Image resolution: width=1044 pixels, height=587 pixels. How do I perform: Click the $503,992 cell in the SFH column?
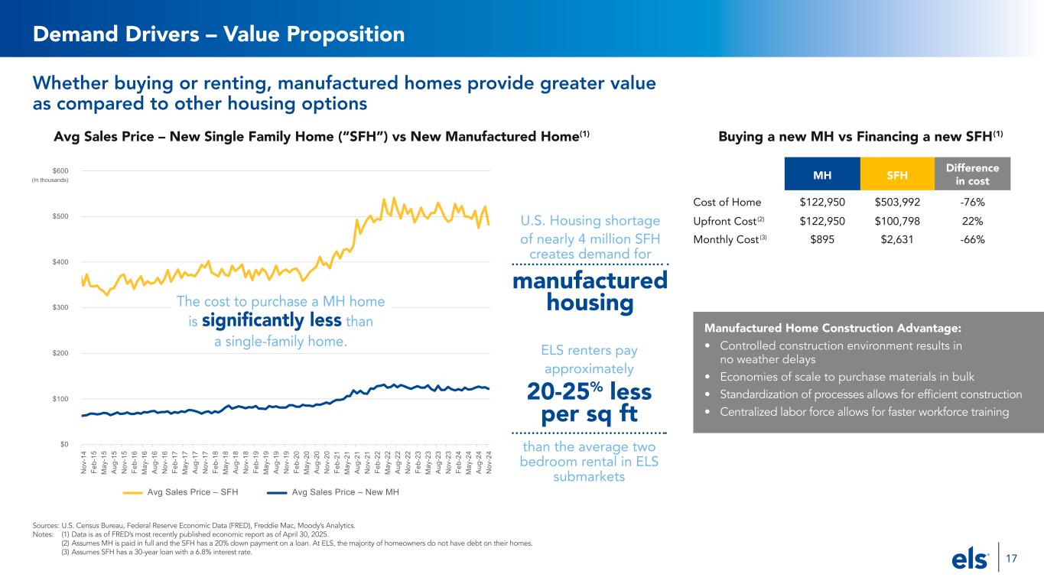coord(896,203)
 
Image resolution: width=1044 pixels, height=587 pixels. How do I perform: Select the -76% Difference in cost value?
coord(973,203)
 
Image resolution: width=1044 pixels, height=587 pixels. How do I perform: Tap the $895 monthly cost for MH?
coord(822,239)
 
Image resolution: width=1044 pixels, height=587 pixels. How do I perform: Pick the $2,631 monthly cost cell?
coord(896,239)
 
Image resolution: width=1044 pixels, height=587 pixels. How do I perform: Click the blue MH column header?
coord(822,174)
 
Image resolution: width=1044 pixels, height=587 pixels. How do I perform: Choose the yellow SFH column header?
coord(896,174)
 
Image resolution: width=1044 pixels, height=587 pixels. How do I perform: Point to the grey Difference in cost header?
coord(973,174)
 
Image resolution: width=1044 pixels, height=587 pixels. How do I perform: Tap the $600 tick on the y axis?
coord(60,170)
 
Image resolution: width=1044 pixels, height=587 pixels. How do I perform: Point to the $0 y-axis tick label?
coord(64,444)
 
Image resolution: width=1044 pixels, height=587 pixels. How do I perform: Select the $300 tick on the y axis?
coord(60,307)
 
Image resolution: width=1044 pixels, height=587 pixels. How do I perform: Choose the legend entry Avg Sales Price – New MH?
coord(333,491)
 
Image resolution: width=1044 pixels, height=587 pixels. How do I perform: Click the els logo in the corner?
coord(971,560)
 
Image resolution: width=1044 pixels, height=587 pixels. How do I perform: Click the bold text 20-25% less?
coord(589,392)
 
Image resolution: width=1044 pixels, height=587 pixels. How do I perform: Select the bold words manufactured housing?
coord(590,292)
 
